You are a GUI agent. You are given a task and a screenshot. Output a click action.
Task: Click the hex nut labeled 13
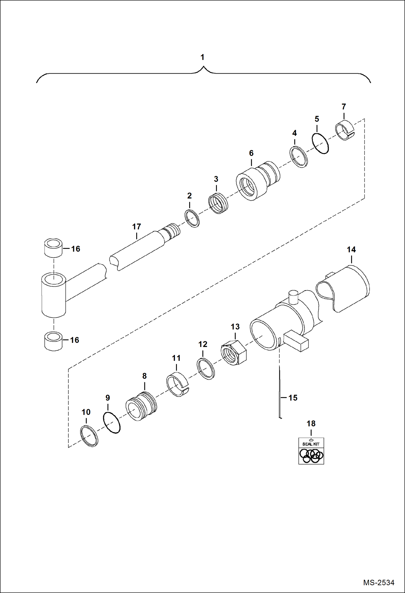click(x=234, y=353)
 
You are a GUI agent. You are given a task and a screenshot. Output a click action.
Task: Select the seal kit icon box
click(x=311, y=451)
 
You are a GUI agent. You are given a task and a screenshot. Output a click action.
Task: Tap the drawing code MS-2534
click(x=379, y=582)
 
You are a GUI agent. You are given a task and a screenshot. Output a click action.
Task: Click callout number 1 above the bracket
click(x=202, y=57)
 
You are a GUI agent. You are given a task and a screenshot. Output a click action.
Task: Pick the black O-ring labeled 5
click(x=320, y=144)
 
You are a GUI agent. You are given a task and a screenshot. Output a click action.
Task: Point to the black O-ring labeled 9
click(x=112, y=423)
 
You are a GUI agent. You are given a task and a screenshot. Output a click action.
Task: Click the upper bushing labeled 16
click(x=53, y=248)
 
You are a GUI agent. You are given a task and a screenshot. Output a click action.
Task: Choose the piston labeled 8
click(x=141, y=406)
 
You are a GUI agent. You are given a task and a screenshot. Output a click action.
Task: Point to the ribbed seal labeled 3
click(x=218, y=204)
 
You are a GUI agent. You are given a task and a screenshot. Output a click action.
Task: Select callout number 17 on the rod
click(x=137, y=227)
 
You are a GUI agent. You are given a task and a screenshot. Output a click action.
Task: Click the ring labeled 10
click(x=89, y=436)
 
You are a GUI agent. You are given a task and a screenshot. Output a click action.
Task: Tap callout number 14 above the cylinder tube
click(x=351, y=250)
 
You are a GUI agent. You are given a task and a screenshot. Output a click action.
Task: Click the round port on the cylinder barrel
click(x=293, y=297)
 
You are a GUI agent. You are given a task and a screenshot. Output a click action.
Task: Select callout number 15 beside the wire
click(x=293, y=398)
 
